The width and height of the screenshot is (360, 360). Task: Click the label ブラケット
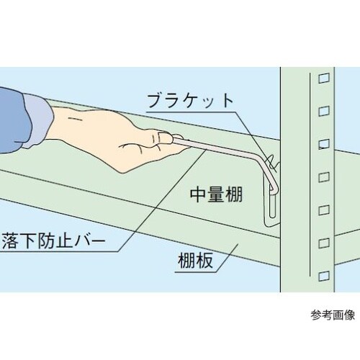[190, 100]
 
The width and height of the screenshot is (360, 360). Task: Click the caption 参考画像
[333, 315]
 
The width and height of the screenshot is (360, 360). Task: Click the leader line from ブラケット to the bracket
[248, 133]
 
